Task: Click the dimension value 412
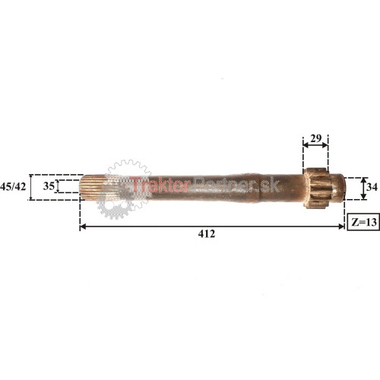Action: [x=207, y=233]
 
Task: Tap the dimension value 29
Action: [x=315, y=138]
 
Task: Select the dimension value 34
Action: [x=372, y=187]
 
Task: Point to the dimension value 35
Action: [x=49, y=186]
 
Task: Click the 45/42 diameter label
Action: [x=13, y=187]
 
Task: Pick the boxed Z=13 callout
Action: [x=363, y=222]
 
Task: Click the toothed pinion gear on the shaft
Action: [x=317, y=188]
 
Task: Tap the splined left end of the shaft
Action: [x=93, y=187]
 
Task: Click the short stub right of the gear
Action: [x=337, y=188]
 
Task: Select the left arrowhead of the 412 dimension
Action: [x=82, y=226]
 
